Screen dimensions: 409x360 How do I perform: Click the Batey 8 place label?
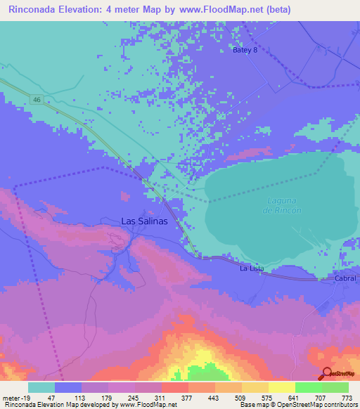pyautogui.click(x=246, y=50)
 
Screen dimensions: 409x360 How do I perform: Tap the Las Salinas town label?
pyautogui.click(x=144, y=221)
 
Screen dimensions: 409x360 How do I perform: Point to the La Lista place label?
pyautogui.click(x=251, y=268)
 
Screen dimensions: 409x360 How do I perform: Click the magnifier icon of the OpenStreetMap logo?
pyautogui.click(x=325, y=374)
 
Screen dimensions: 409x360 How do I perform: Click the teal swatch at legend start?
pyautogui.click(x=41, y=387)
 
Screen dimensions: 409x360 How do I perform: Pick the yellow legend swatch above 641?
pyautogui.click(x=281, y=387)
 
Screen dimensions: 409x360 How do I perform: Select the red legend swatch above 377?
pyautogui.click(x=175, y=387)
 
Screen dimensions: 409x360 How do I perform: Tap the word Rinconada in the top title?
pyautogui.click(x=36, y=10)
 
